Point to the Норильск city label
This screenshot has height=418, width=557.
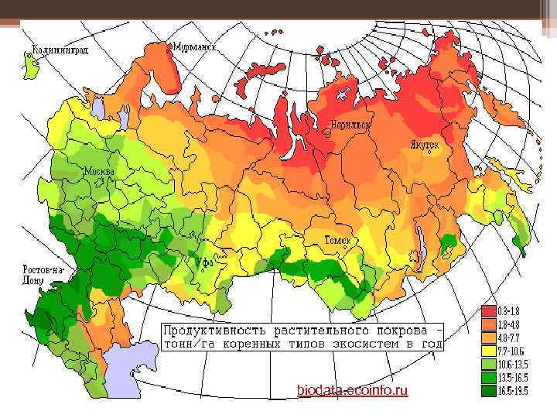[350, 124]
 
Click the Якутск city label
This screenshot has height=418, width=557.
[424, 145]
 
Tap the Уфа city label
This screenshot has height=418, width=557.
[203, 263]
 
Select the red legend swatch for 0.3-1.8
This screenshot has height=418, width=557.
[490, 310]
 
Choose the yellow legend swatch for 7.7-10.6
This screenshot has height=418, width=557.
[490, 351]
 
